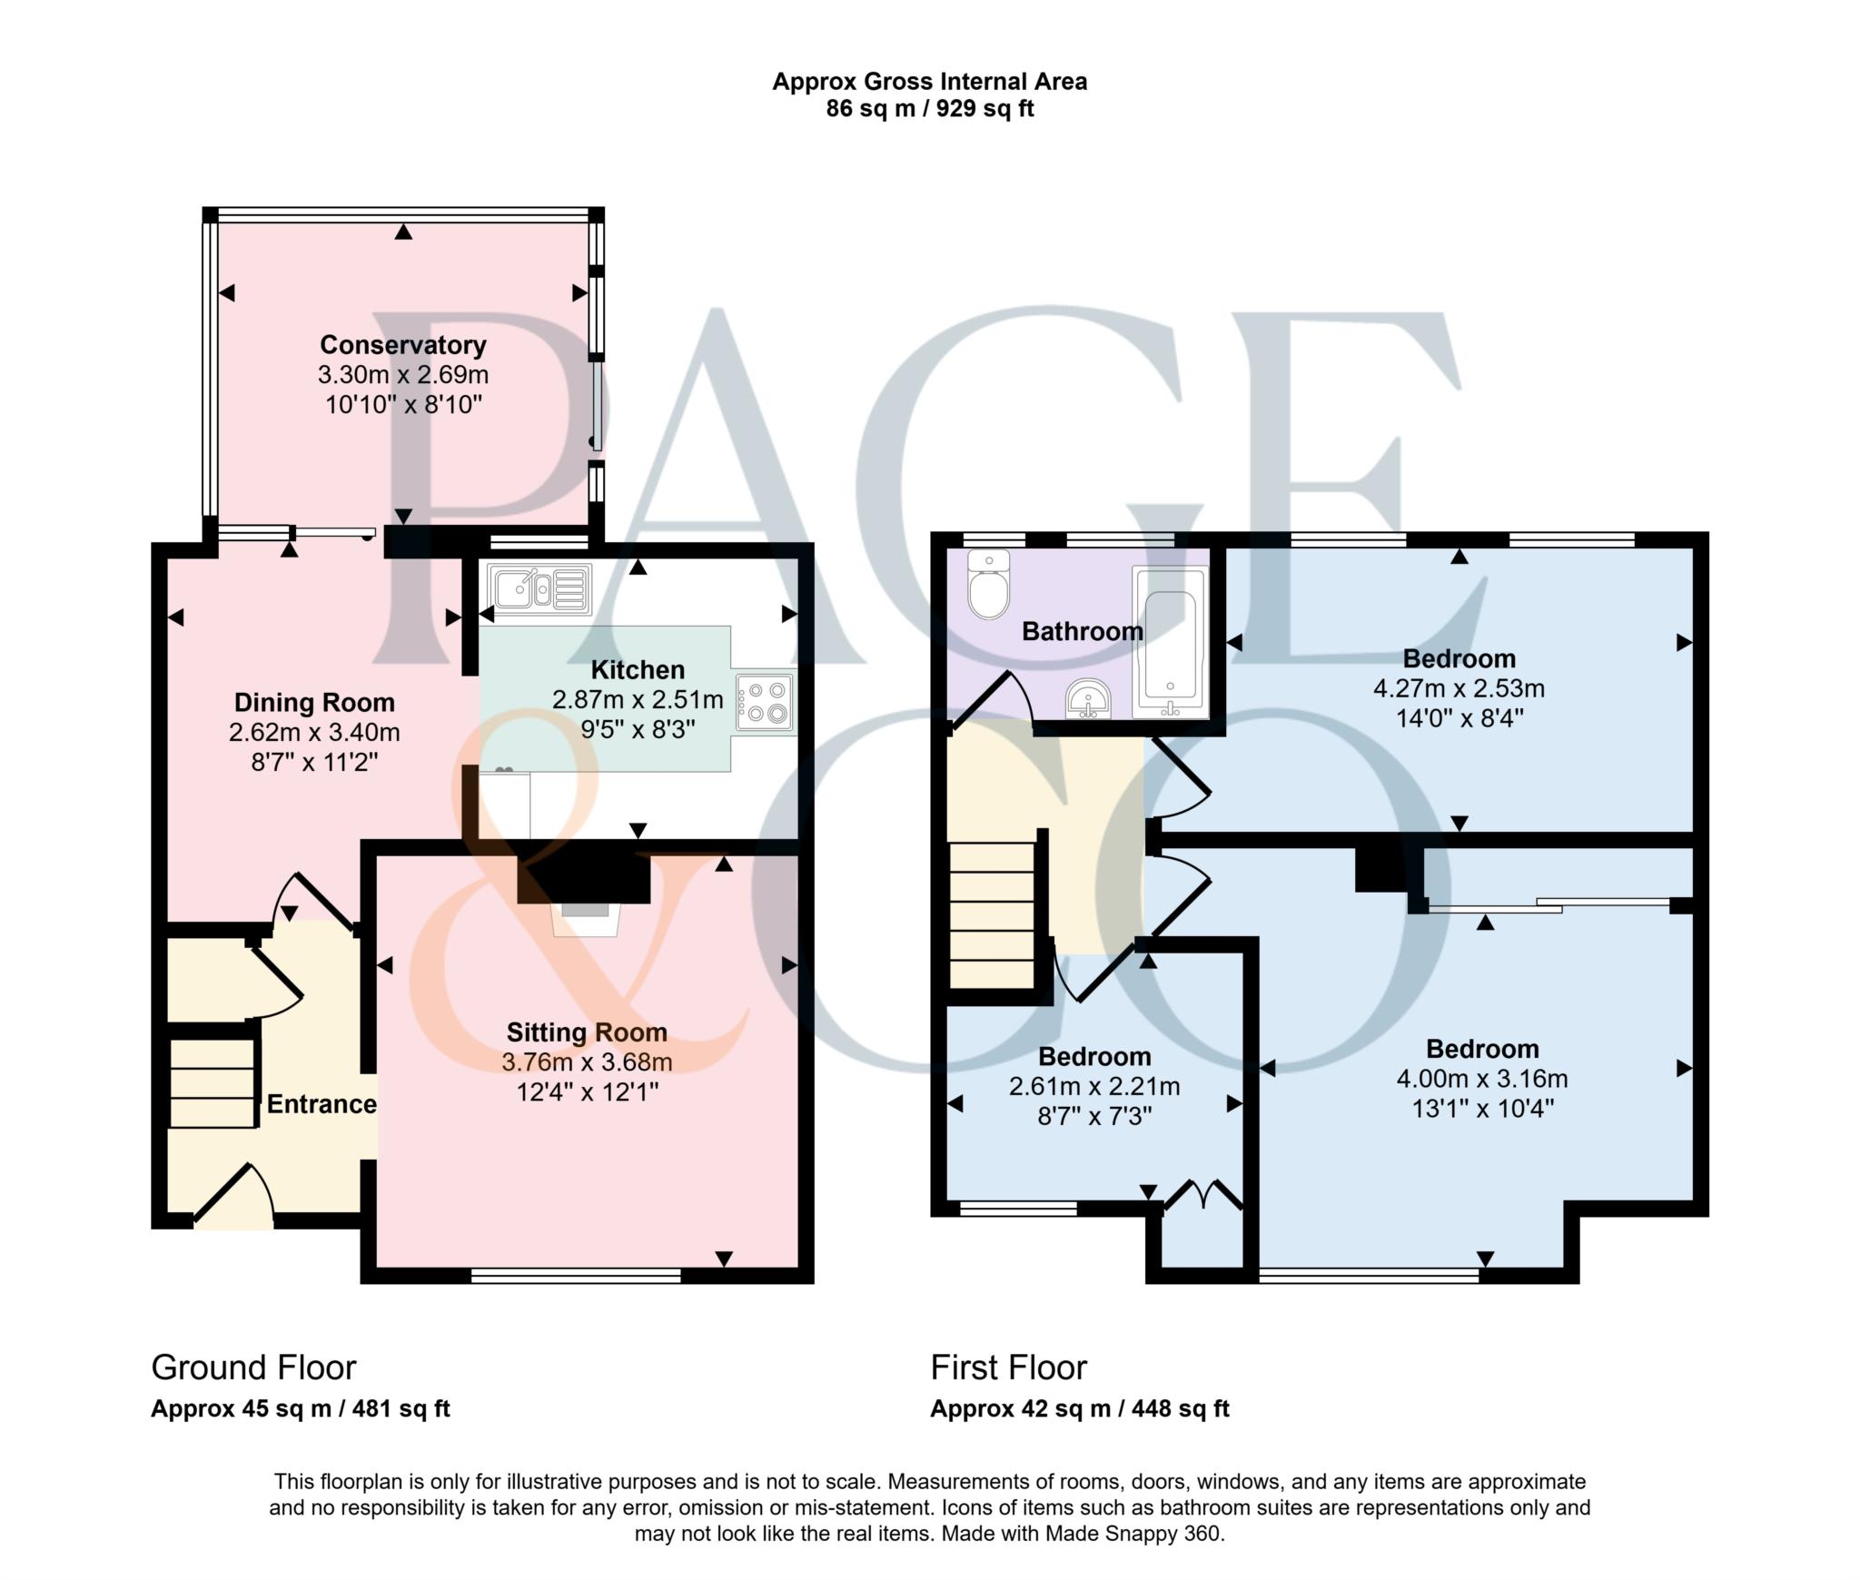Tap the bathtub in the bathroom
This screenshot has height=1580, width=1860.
[1170, 642]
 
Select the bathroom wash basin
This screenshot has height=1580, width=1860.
[1088, 700]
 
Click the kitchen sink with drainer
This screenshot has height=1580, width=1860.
[539, 588]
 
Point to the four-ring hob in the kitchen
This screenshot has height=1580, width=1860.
[765, 703]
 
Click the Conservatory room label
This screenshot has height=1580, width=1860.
[402, 345]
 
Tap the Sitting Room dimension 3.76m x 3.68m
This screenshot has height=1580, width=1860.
[587, 1062]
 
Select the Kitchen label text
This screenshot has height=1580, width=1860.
[638, 670]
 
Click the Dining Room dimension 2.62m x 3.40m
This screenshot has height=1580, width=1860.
[314, 732]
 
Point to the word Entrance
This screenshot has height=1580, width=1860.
[322, 1104]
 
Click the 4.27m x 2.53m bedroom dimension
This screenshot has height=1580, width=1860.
[1459, 688]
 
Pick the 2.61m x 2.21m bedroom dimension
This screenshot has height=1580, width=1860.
[1094, 1086]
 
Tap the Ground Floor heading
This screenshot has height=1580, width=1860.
[253, 1368]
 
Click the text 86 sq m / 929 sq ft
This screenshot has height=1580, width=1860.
[929, 109]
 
